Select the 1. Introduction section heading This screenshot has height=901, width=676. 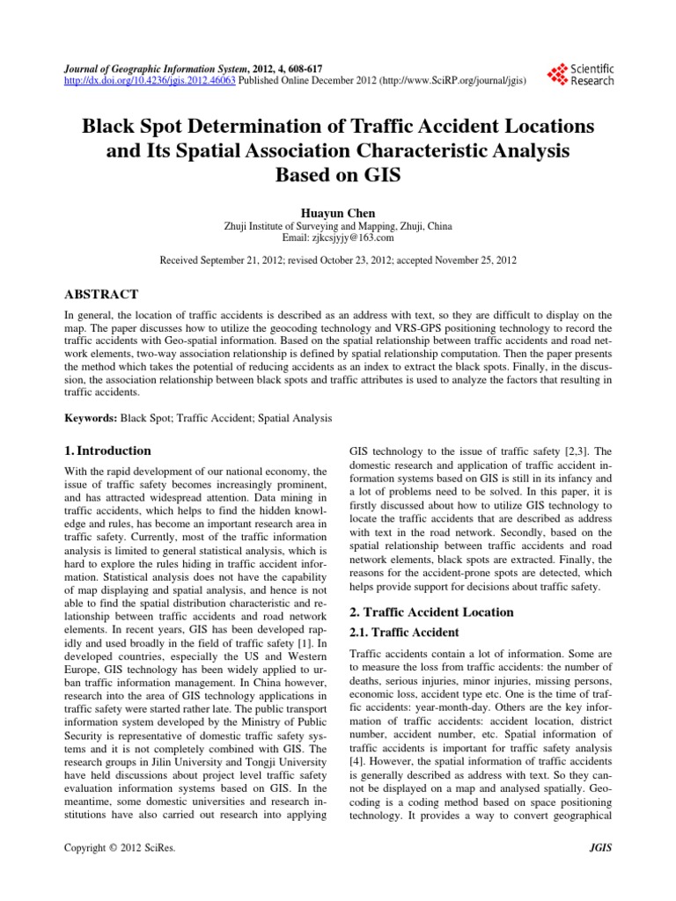coord(108,450)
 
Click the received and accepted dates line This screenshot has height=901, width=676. coord(338,260)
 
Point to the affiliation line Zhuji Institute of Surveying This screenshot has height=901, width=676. coord(338,226)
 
